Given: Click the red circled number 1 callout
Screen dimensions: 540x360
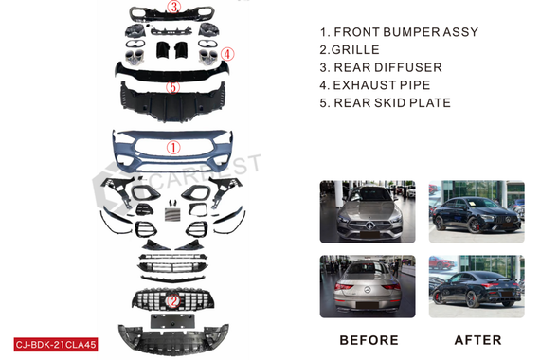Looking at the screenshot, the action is pos(173,148).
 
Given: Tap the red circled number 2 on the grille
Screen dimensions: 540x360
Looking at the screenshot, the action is pos(172,301).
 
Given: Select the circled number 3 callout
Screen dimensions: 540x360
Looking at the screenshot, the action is pos(174,7).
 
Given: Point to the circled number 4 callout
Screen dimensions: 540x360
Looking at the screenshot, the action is pos(227,54).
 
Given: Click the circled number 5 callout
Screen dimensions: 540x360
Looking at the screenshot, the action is pos(172,87).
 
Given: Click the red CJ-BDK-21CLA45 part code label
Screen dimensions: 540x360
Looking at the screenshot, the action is pos(56,345).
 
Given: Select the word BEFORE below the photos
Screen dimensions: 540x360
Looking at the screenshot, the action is pos(369,340).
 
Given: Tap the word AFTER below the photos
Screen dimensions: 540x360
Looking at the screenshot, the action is pos(477,340).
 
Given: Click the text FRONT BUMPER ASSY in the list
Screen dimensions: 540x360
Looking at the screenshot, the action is pos(406,32).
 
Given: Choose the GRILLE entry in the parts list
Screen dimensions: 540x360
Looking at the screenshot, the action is pos(355,49).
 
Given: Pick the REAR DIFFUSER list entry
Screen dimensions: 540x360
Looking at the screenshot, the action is pos(387,67).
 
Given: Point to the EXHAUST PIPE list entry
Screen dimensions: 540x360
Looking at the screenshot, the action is pos(382,84).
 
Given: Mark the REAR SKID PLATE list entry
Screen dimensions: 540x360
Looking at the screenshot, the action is pos(392,102).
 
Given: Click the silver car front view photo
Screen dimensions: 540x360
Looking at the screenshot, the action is pos(368,211).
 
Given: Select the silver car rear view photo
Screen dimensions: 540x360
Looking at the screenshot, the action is pos(368,286).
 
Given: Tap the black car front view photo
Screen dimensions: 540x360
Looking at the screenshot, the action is pos(477,211).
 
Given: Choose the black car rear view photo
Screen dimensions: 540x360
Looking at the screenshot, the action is pos(477,286).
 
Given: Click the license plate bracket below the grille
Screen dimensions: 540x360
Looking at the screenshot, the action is pos(172,321).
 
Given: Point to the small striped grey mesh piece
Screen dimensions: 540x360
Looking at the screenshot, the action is pos(172,214).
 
